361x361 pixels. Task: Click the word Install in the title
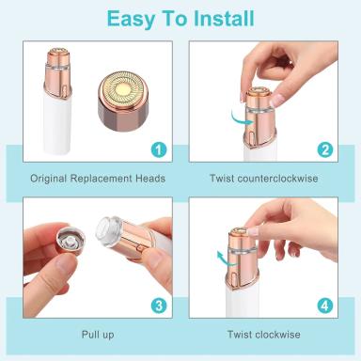(x=224, y=19)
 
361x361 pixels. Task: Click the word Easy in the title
(x=131, y=20)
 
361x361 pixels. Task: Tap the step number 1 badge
(x=159, y=149)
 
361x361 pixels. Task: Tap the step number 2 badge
(x=325, y=149)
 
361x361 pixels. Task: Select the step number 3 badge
(x=159, y=306)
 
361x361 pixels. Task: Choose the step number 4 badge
(x=325, y=306)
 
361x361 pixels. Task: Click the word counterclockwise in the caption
(x=277, y=179)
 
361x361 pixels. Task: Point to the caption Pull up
(x=98, y=335)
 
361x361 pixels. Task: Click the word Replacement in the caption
(x=101, y=179)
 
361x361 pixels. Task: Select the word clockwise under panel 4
(x=277, y=335)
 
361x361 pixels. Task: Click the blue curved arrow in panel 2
(x=242, y=118)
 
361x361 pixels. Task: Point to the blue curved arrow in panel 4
(x=227, y=259)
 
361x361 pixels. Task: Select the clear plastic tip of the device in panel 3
(x=106, y=231)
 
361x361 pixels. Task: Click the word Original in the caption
(x=49, y=179)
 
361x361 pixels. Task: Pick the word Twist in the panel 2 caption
(x=222, y=179)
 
